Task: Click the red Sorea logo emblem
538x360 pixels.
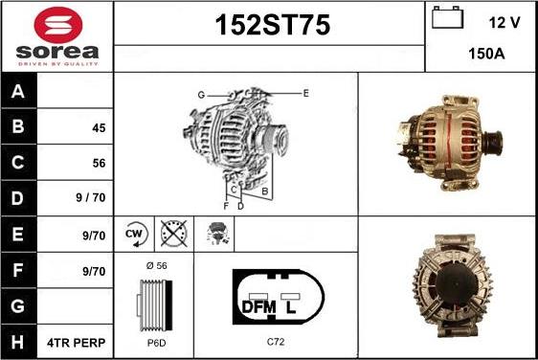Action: pos(58,25)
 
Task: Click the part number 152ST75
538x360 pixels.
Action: pos(273,25)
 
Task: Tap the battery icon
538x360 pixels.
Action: pos(447,17)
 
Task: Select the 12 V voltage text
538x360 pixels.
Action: pos(504,23)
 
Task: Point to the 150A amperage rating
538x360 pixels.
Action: pos(486,54)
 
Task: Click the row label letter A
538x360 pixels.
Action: pos(18,91)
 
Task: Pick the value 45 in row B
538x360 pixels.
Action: pos(99,128)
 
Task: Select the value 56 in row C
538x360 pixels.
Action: pos(99,163)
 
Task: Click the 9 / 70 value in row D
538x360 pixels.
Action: pos(91,197)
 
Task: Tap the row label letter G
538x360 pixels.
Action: pos(18,306)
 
